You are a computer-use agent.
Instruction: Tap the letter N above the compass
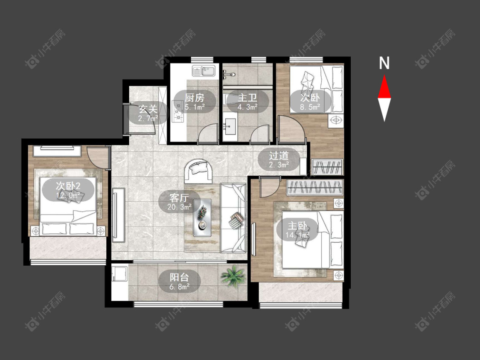point(384,63)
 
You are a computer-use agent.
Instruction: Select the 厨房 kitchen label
point(195,98)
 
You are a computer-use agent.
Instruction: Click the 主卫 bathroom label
point(247,98)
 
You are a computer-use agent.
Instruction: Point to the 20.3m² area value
point(179,207)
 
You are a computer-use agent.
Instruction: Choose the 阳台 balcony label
point(179,277)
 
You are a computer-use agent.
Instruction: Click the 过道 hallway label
point(279,156)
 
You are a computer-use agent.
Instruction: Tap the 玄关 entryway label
point(148,109)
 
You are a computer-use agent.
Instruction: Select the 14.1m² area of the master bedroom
point(297,235)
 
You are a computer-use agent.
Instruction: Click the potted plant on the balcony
point(233,276)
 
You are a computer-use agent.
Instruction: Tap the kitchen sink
point(204,71)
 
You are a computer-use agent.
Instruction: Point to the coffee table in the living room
point(202,218)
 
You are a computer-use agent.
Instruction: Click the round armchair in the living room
point(198,171)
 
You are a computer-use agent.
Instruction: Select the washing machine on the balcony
point(120,273)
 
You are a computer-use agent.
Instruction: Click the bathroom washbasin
point(230,124)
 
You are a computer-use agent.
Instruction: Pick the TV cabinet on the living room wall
point(119,215)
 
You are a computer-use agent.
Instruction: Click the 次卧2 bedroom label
point(68,186)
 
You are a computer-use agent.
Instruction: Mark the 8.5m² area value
point(310,107)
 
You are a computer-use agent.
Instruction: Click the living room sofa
point(233,218)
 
